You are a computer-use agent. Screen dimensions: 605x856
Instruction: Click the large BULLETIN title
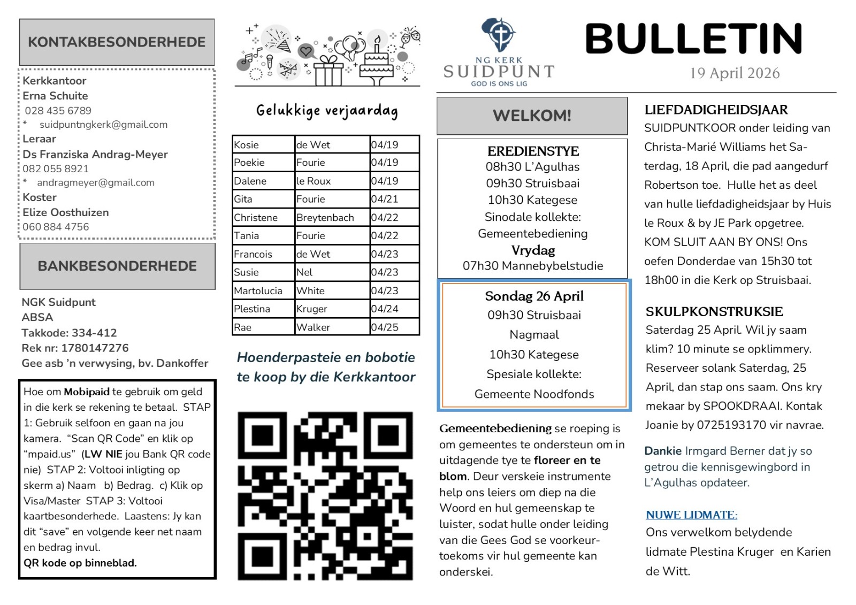click(x=693, y=39)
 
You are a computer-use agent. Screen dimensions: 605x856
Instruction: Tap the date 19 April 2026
click(x=735, y=73)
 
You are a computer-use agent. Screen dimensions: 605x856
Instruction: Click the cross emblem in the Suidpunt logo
click(x=500, y=34)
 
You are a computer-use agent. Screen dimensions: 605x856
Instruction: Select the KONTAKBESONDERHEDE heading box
click(x=117, y=42)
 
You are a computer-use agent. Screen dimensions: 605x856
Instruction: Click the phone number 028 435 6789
click(x=58, y=111)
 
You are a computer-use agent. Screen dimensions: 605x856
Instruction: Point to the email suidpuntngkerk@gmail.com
click(x=103, y=125)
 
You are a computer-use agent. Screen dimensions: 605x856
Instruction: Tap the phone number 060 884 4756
click(x=56, y=227)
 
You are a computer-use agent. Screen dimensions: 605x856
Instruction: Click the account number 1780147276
click(x=95, y=348)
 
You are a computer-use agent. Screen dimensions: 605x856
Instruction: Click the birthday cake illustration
click(x=377, y=63)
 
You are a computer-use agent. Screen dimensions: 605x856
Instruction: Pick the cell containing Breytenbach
click(x=325, y=218)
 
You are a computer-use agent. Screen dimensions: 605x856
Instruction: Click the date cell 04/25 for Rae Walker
click(x=385, y=327)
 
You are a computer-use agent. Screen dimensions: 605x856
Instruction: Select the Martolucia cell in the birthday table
click(x=258, y=291)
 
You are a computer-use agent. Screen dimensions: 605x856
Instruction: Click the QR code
click(x=325, y=496)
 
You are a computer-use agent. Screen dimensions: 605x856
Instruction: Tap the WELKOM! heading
click(x=532, y=116)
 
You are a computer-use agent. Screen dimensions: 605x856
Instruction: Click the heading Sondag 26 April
click(x=534, y=296)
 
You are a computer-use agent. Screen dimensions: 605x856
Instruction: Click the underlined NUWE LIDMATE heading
click(x=691, y=515)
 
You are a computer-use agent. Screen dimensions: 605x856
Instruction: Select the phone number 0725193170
click(x=732, y=425)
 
